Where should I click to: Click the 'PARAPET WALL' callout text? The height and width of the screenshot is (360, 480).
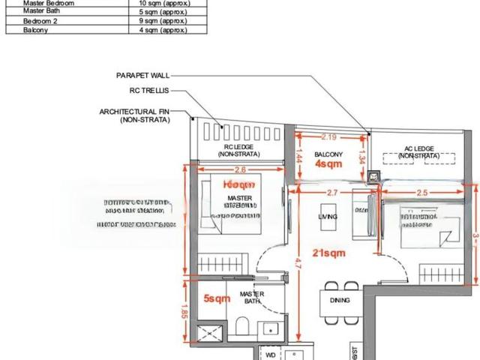142,76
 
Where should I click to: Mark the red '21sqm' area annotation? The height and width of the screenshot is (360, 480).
328,253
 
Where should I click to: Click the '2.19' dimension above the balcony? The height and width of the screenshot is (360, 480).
328,137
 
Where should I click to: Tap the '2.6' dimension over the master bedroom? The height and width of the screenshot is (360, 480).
239,169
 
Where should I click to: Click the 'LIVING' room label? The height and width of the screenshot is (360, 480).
328,216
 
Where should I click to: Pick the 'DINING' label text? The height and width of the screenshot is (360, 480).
340,300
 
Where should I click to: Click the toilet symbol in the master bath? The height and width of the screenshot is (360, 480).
242,325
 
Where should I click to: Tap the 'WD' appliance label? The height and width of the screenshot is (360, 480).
270,354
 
